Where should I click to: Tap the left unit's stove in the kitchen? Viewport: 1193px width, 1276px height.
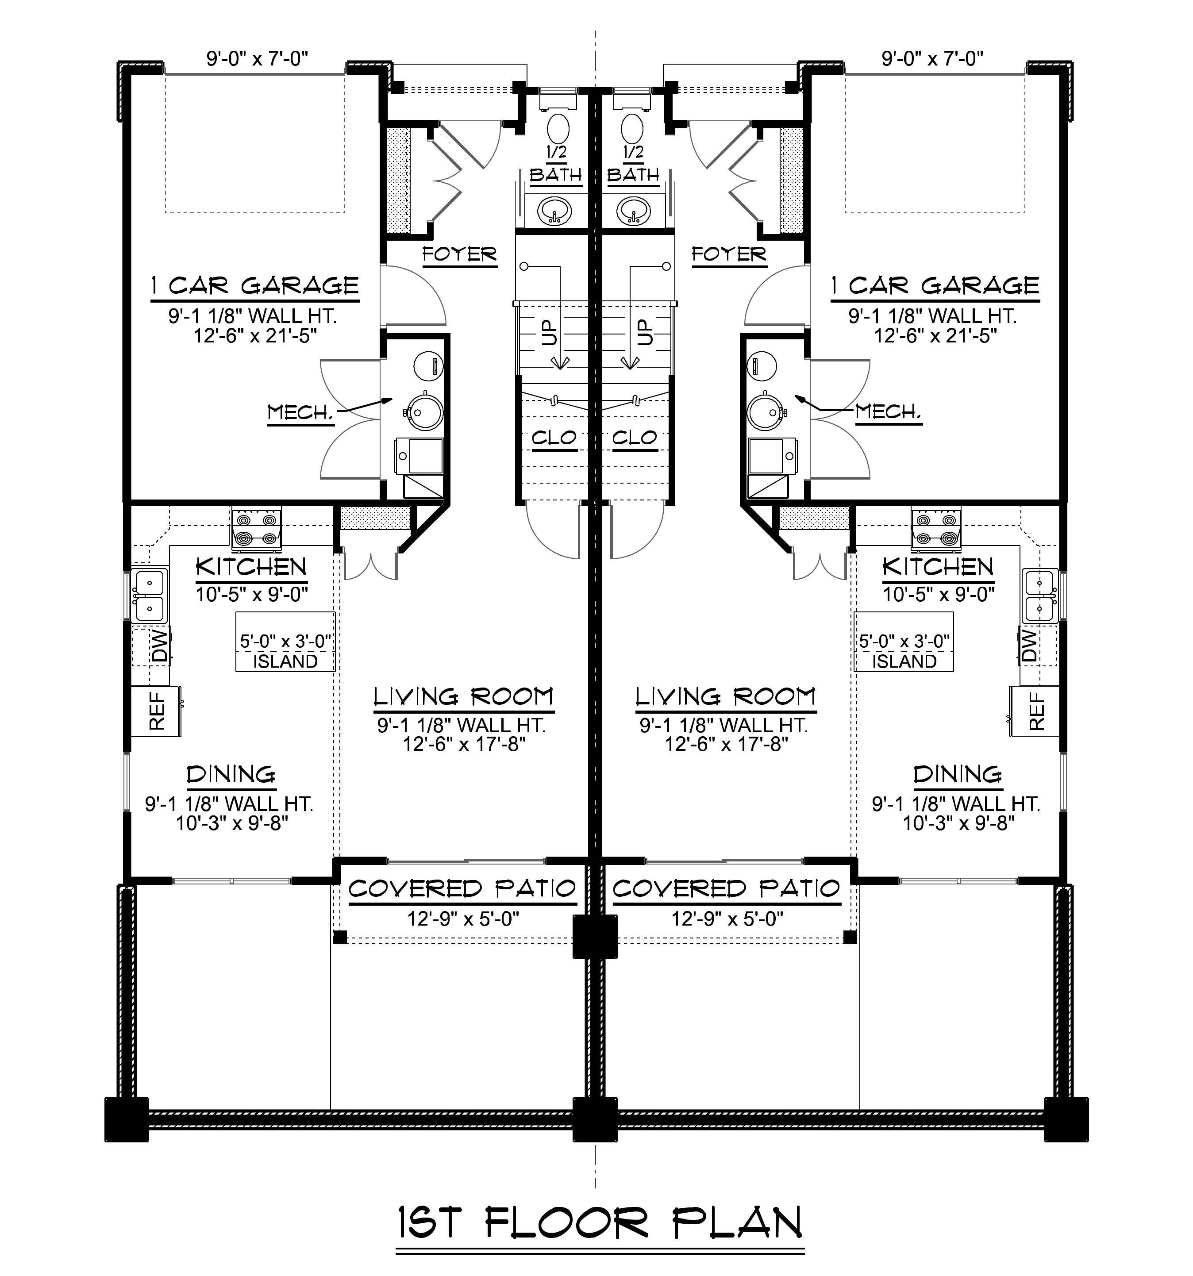tap(257, 530)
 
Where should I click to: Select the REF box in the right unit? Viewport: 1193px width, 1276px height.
tap(1034, 711)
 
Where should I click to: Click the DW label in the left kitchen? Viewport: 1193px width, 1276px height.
tap(159, 645)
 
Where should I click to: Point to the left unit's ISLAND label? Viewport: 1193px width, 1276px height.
tap(285, 661)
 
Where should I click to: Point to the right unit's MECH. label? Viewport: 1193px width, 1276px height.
tap(888, 412)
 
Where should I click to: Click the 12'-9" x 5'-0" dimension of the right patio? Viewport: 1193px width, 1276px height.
tap(727, 919)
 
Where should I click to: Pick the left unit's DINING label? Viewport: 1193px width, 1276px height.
tap(231, 774)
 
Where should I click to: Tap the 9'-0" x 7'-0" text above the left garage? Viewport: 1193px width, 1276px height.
tap(257, 58)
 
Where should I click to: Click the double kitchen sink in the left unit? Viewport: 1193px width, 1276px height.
tap(150, 595)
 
